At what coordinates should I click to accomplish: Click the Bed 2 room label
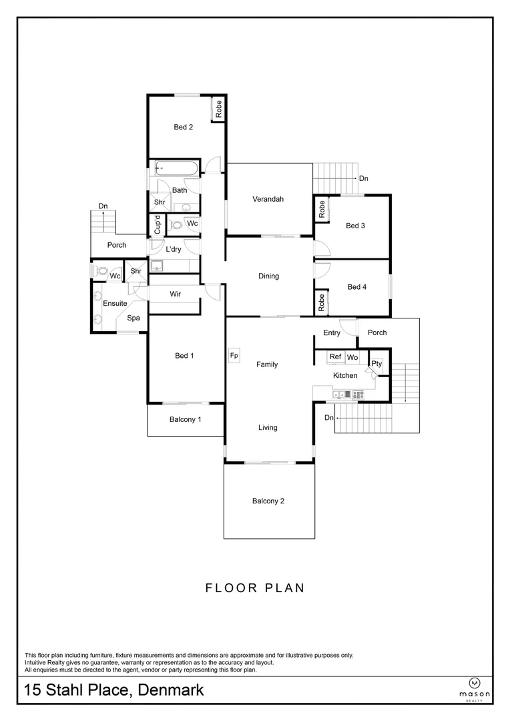pyautogui.click(x=184, y=127)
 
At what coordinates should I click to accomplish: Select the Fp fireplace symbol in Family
pyautogui.click(x=234, y=356)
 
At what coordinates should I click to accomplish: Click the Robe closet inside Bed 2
pyautogui.click(x=218, y=109)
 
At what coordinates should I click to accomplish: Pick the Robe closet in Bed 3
pyautogui.click(x=322, y=209)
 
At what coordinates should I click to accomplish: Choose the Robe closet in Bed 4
pyautogui.click(x=322, y=303)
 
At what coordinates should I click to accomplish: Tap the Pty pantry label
pyautogui.click(x=376, y=364)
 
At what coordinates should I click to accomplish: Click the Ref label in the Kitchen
pyautogui.click(x=335, y=357)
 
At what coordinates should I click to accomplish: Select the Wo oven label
pyautogui.click(x=352, y=358)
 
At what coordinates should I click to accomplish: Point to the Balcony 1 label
pyautogui.click(x=186, y=419)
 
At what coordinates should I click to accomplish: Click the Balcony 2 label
pyautogui.click(x=268, y=501)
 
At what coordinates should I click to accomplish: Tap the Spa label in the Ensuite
pyautogui.click(x=134, y=318)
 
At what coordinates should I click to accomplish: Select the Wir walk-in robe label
pyautogui.click(x=176, y=294)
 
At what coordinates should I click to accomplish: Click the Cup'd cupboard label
pyautogui.click(x=157, y=225)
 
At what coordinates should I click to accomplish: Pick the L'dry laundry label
pyautogui.click(x=174, y=250)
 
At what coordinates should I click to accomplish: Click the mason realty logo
pyautogui.click(x=475, y=688)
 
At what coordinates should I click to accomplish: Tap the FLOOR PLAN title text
pyautogui.click(x=254, y=588)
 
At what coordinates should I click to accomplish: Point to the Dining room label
pyautogui.click(x=268, y=276)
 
